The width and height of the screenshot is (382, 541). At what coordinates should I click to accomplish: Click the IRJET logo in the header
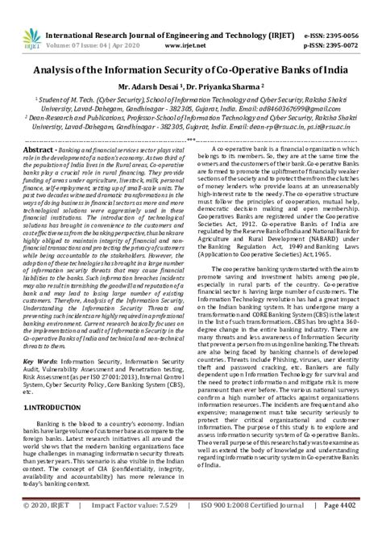click(17, 19)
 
